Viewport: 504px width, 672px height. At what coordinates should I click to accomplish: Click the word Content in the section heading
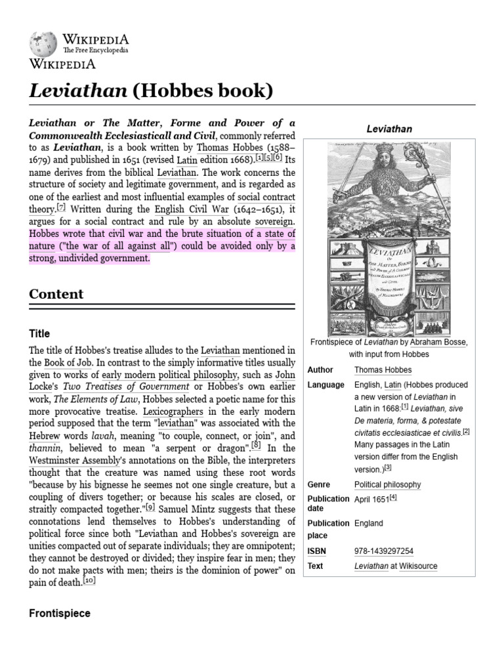tap(56, 294)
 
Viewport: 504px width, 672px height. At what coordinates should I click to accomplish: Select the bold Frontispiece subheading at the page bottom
tap(60, 613)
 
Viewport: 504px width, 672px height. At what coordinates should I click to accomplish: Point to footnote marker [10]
tap(91, 581)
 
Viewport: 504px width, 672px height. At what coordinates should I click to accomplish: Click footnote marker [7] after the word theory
tap(61, 207)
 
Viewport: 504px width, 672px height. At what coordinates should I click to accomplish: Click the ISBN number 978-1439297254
tap(383, 551)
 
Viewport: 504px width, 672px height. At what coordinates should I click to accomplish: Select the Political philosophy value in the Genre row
tap(387, 484)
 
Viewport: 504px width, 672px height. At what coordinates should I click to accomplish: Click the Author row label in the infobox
tap(320, 370)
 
